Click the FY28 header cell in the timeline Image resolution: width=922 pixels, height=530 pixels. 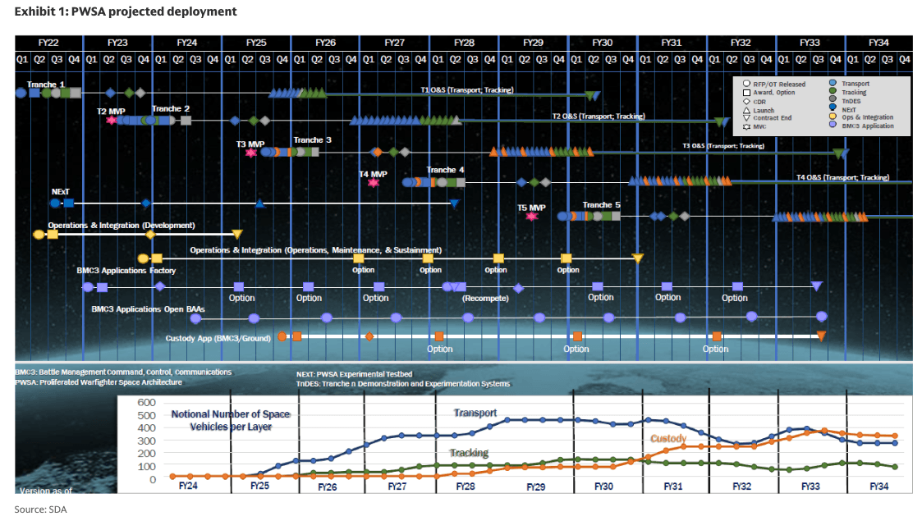[464, 43]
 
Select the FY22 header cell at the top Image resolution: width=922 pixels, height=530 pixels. [48, 43]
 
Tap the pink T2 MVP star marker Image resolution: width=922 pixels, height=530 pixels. [112, 120]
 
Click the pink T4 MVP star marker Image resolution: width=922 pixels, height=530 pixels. [374, 182]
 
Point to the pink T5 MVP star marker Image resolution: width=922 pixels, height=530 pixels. [532, 216]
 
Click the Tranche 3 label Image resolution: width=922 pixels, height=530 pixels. [313, 140]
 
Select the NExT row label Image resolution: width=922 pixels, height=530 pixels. [60, 190]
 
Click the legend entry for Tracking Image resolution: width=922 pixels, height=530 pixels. [854, 93]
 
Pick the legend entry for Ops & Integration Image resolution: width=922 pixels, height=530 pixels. [867, 117]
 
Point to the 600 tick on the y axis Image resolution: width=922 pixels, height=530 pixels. [146, 402]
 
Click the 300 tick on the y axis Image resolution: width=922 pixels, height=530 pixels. [146, 441]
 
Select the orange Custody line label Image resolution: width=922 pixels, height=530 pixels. [668, 439]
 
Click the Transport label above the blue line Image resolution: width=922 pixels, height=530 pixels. [475, 413]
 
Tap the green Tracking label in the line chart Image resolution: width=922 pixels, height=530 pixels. [469, 453]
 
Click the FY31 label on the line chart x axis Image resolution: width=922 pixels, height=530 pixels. [672, 486]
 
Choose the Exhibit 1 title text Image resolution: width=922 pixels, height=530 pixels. [126, 11]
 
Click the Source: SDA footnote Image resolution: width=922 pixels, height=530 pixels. [40, 509]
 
